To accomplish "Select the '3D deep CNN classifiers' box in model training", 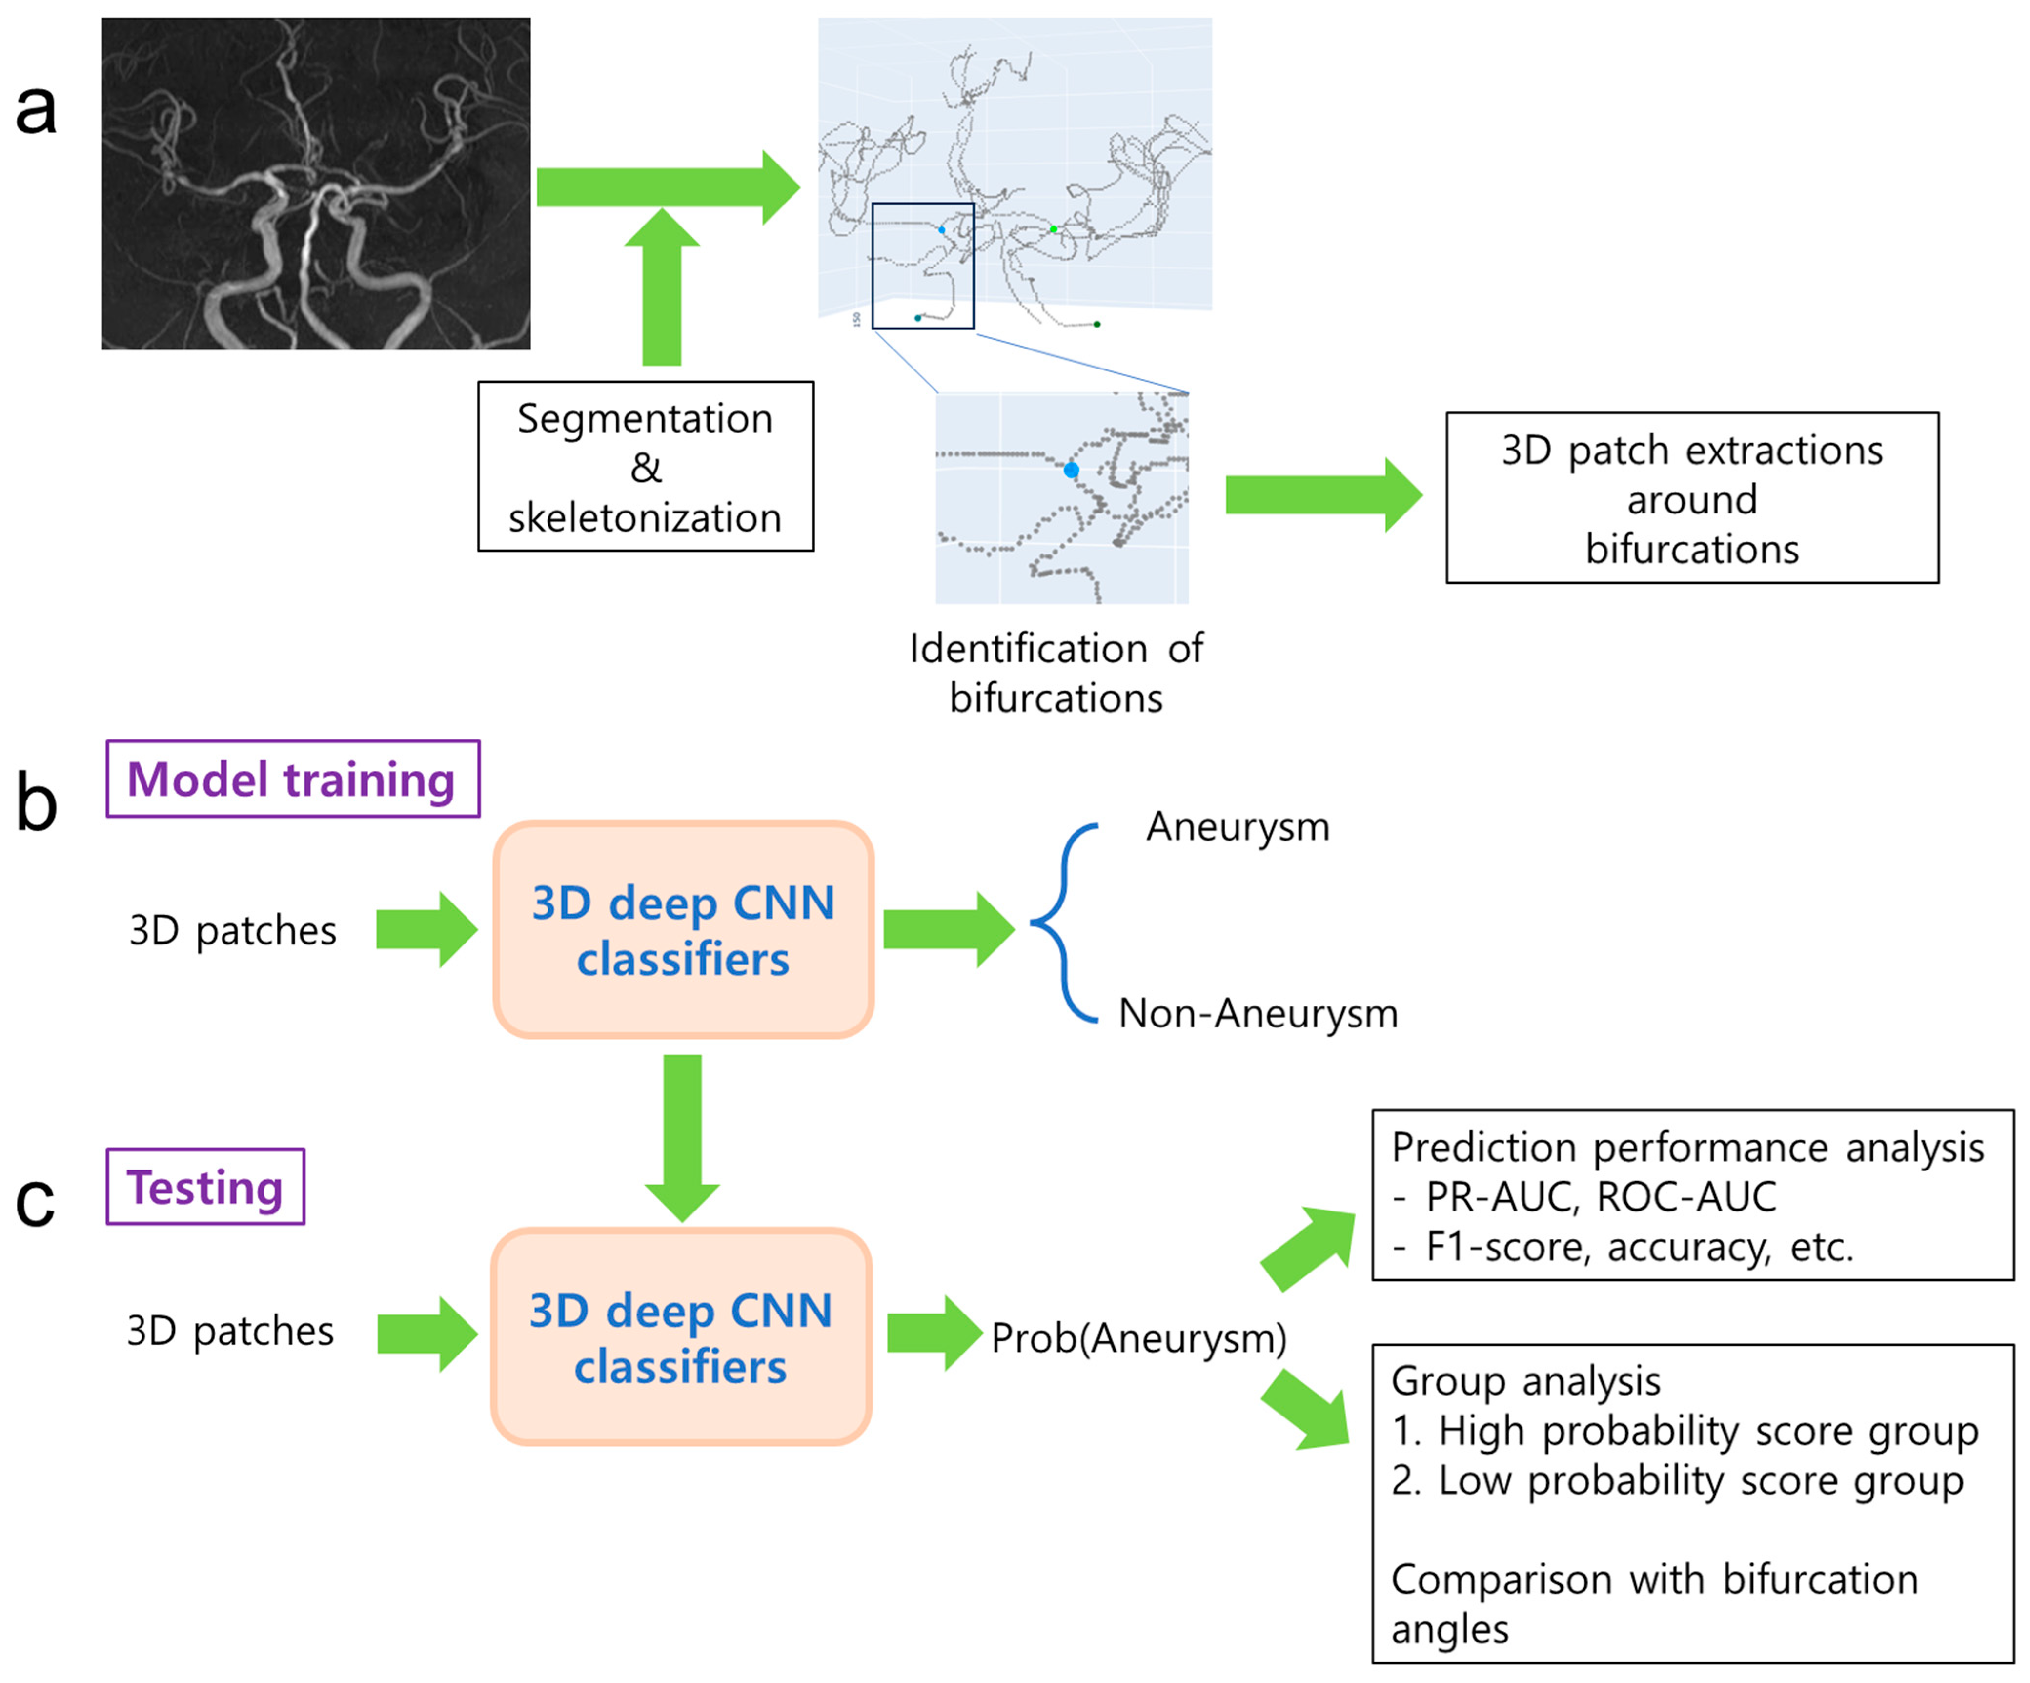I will (684, 930).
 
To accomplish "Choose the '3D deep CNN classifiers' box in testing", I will (682, 1337).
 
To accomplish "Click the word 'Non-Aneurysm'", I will (1258, 1013).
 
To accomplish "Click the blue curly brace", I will (1063, 923).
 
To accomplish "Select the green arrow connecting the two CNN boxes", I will (683, 1136).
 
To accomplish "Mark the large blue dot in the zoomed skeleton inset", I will (1071, 471).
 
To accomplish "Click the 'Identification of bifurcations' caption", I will (1056, 673).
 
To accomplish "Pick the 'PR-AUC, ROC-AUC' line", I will (1600, 1197).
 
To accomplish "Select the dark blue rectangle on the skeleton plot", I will (923, 266).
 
